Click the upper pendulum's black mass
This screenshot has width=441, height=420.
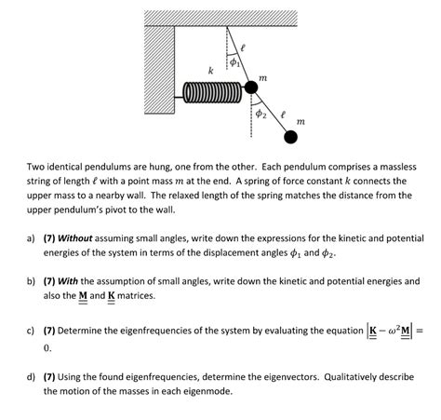[251, 88]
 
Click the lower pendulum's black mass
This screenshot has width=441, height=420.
[290, 137]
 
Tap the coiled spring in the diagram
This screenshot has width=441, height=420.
[212, 92]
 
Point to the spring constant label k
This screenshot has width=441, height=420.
[210, 71]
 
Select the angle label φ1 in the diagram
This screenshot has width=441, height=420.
[234, 62]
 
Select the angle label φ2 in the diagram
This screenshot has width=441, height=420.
[261, 115]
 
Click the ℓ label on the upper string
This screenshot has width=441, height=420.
[243, 47]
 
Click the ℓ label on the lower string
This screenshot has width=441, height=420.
[282, 115]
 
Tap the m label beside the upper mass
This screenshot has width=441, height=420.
[262, 77]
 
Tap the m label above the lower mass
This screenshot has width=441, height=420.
[301, 121]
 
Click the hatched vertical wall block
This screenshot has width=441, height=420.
[159, 70]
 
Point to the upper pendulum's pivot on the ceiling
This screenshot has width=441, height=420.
[227, 27]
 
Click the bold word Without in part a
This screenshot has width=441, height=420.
[75, 238]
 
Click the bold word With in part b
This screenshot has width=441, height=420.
[68, 281]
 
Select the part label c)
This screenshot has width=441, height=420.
[31, 331]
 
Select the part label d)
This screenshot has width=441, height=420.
[31, 377]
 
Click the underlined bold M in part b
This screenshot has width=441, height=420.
[83, 296]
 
